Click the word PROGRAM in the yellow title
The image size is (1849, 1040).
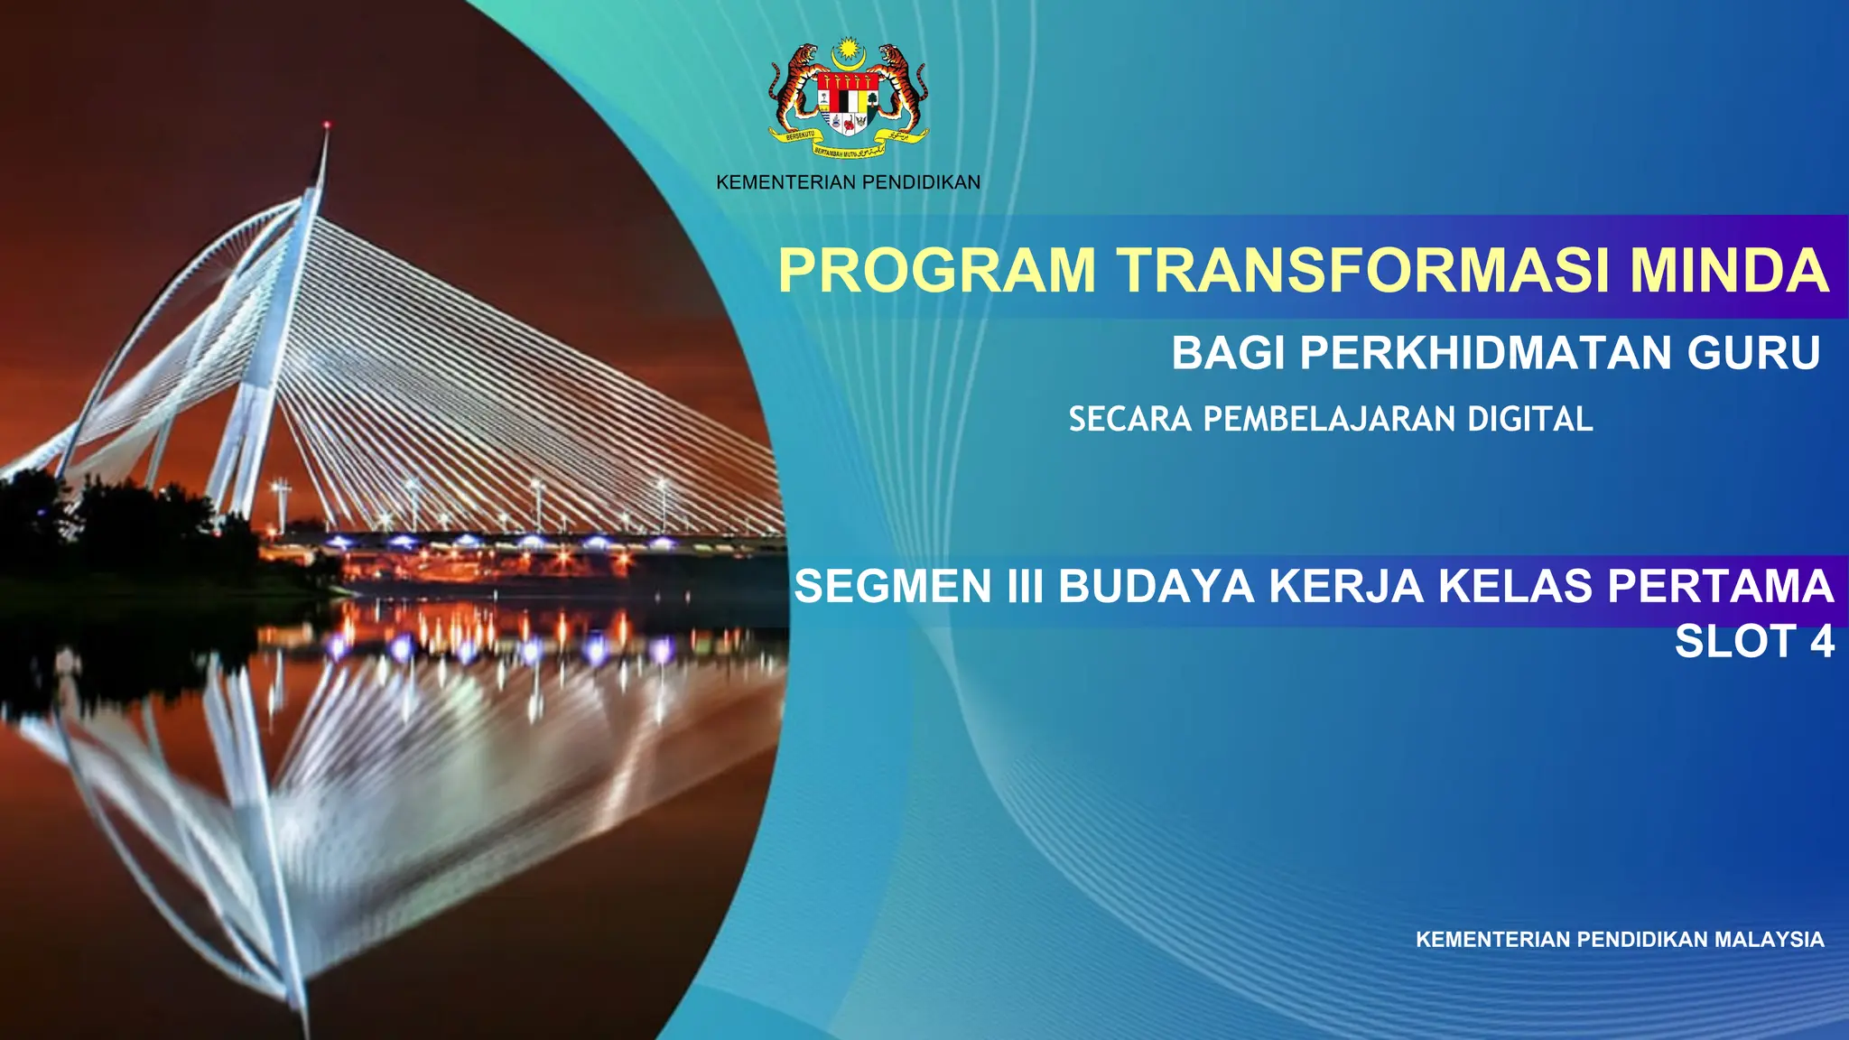click(937, 271)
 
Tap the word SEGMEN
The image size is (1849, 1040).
click(893, 587)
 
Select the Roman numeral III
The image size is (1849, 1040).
click(1025, 587)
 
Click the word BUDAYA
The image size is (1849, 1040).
click(1157, 587)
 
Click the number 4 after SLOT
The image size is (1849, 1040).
click(1822, 643)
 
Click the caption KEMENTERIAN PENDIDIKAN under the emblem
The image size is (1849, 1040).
click(848, 183)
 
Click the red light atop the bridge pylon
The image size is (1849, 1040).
click(327, 125)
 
